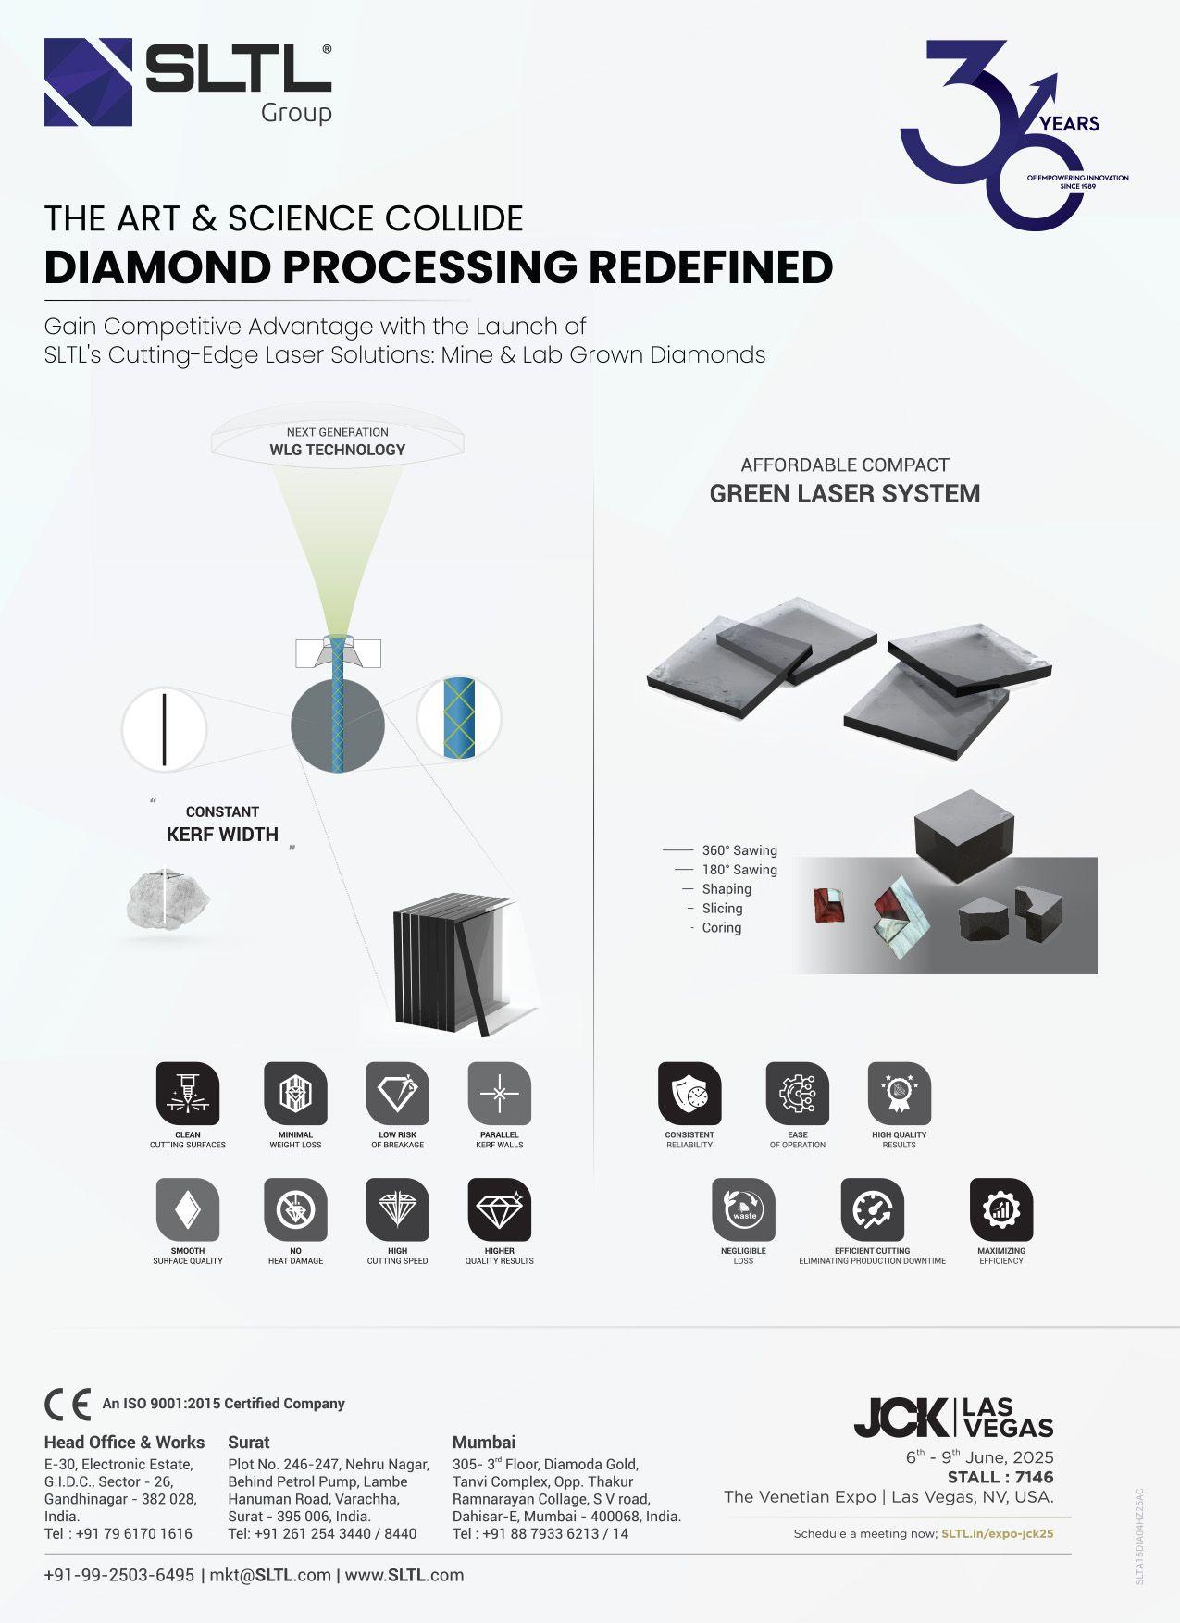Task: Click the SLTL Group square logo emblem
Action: coord(88,81)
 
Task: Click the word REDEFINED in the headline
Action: coord(711,267)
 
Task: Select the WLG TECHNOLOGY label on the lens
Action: coord(337,450)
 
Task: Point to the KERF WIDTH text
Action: coord(222,835)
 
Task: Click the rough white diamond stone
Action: coord(167,898)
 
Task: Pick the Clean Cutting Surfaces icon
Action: coord(188,1094)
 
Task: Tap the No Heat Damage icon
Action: coord(295,1209)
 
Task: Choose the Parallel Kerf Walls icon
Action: coord(499,1094)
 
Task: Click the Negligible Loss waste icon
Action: coord(743,1209)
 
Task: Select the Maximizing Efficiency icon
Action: coord(1000,1209)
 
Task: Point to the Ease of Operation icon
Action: coord(797,1094)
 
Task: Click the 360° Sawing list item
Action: coord(739,850)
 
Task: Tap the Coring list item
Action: coord(721,928)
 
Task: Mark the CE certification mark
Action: coord(68,1404)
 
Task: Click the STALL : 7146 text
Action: coord(1000,1477)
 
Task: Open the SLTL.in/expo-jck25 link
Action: coord(997,1533)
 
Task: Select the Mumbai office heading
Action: coord(483,1442)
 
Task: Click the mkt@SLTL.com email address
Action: coord(270,1575)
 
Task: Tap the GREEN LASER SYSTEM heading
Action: coord(844,493)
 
